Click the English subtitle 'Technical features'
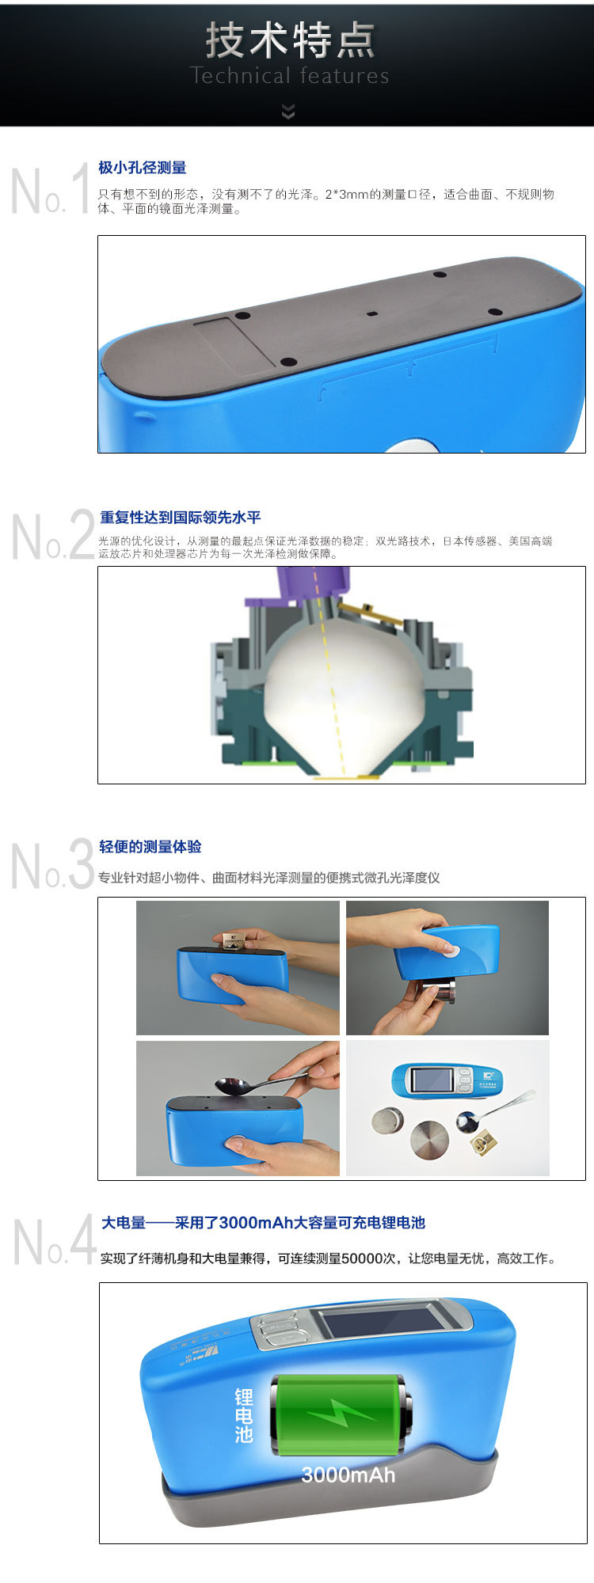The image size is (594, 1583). click(290, 75)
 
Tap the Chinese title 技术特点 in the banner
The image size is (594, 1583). click(290, 40)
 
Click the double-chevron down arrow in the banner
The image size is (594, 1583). click(288, 112)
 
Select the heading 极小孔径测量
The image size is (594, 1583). click(143, 168)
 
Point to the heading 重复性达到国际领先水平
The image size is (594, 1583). click(180, 517)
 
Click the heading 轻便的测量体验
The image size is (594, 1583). click(150, 846)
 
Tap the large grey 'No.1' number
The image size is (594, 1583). click(51, 188)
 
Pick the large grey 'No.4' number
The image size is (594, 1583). click(54, 1241)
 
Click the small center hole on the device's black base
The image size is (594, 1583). click(372, 313)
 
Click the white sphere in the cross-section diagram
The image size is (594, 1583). click(343, 690)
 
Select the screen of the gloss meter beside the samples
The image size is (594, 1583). click(430, 1081)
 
